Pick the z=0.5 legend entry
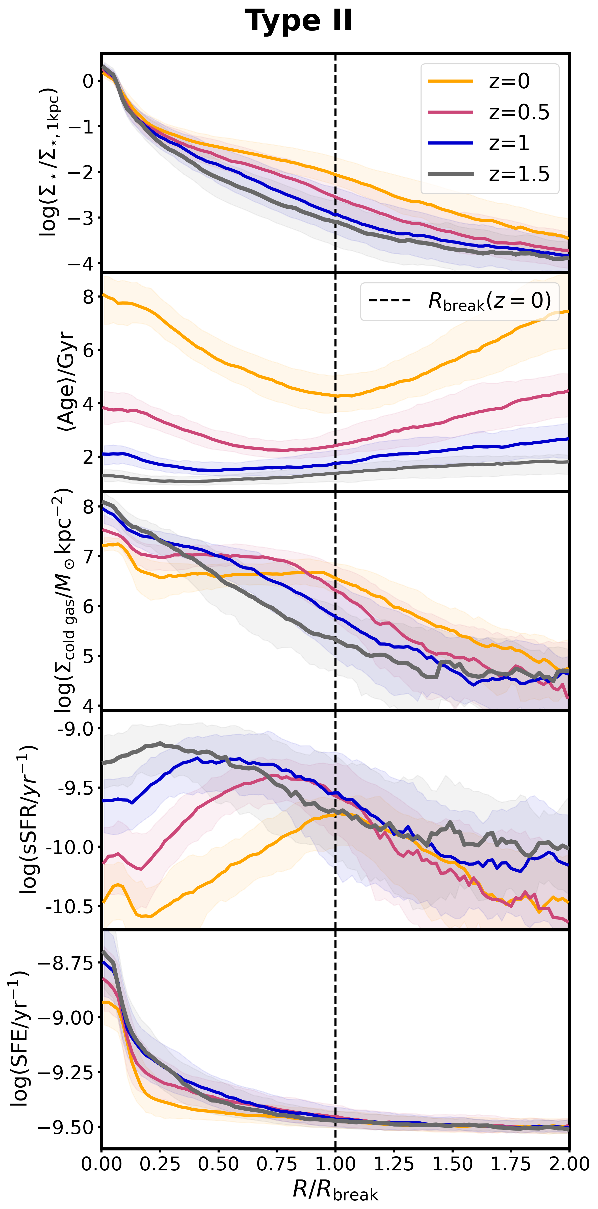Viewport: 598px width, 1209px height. [519, 112]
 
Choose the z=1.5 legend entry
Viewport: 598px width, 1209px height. [519, 174]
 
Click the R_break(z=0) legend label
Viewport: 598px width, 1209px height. [489, 301]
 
